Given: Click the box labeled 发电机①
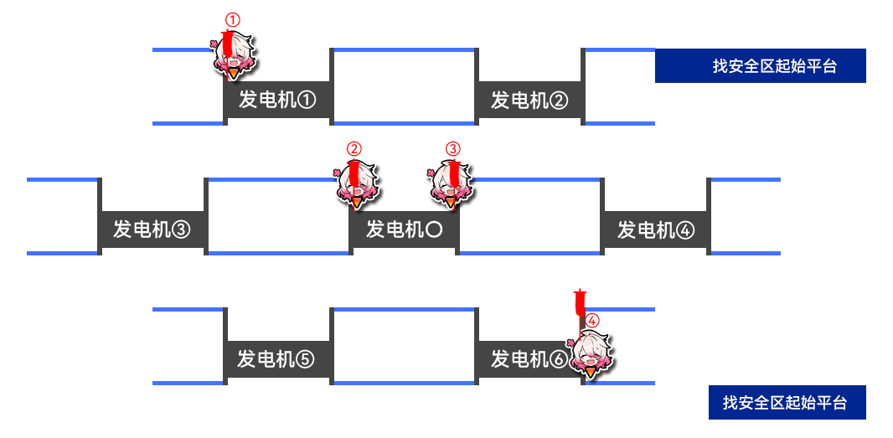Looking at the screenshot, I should coord(277,100).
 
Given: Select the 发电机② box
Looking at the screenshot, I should coord(529,100).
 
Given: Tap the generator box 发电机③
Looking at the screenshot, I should coord(152,229).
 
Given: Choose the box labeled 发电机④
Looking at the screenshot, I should coord(655,229).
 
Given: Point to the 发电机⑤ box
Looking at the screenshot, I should coord(277,359).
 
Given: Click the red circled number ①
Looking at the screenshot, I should coord(233,19).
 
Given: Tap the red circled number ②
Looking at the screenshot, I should coord(354,149).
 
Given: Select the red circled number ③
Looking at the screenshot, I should coord(452,149).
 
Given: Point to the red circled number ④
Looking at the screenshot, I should coord(591,320).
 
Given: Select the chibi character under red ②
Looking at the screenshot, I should coord(356,185).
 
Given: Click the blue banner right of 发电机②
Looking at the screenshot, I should coord(760,66).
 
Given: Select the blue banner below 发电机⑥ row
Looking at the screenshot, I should coord(787,403).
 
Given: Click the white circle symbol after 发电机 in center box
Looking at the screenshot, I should coord(434,229).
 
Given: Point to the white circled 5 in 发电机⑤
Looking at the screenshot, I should coord(305,359).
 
